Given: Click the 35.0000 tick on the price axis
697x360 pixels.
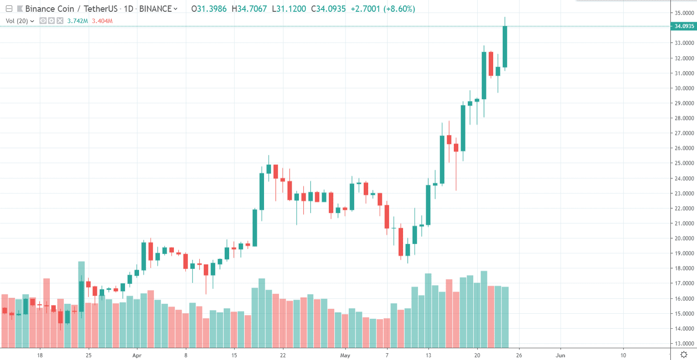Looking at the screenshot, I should pos(684,13).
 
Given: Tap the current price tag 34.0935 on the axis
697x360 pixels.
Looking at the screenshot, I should pos(684,26).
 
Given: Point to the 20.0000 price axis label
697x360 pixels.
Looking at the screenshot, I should pos(684,238).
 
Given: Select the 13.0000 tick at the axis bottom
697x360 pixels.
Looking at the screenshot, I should pos(684,343).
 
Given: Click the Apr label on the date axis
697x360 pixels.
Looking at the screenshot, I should pos(137,355).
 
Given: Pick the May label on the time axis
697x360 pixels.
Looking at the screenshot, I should pos(345,355).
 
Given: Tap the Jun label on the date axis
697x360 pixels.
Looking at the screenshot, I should pos(560,355).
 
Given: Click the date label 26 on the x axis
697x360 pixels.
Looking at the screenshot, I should pos(519,355).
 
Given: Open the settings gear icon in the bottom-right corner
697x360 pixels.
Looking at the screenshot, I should pos(684,355).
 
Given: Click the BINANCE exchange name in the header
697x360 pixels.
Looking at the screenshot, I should pos(155,9).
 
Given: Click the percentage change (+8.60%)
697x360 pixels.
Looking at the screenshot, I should pos(399,9).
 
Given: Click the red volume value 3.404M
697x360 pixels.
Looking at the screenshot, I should pos(102,20).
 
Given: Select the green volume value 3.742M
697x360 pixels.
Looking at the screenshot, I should pos(77,20).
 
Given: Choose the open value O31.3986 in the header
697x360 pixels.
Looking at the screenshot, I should pos(209,9).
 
